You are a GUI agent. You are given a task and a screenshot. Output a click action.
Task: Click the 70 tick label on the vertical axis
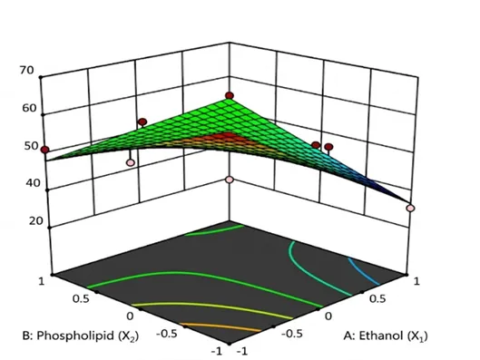pyautogui.click(x=26, y=71)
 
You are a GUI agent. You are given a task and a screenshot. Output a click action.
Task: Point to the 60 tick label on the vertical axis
pyautogui.click(x=29, y=108)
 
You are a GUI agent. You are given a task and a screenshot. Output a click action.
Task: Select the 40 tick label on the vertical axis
pyautogui.click(x=33, y=183)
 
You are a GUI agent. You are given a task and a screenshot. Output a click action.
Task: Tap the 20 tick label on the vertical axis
pyautogui.click(x=35, y=221)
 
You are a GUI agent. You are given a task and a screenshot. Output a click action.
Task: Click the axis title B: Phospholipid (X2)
pyautogui.click(x=81, y=336)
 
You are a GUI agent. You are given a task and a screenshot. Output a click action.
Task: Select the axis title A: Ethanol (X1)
pyautogui.click(x=386, y=336)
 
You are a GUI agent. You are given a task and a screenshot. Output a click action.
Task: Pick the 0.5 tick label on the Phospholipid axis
pyautogui.click(x=81, y=298)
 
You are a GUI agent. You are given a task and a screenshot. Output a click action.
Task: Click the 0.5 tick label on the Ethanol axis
pyautogui.click(x=377, y=299)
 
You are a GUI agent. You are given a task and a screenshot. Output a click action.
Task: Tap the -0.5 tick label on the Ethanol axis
pyautogui.click(x=292, y=334)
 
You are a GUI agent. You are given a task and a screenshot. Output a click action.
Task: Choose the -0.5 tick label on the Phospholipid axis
pyautogui.click(x=166, y=334)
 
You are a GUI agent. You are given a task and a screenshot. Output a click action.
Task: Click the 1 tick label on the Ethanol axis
pyautogui.click(x=416, y=281)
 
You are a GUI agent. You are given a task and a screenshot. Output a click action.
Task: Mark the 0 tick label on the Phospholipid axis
pyautogui.click(x=130, y=316)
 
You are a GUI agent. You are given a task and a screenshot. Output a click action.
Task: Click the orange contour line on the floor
pyautogui.click(x=221, y=326)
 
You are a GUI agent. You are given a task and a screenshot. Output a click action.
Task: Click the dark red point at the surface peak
pyautogui.click(x=230, y=96)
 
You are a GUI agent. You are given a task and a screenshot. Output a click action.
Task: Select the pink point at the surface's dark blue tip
pyautogui.click(x=410, y=209)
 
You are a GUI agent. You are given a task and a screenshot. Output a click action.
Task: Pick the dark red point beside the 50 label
pyautogui.click(x=45, y=150)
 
